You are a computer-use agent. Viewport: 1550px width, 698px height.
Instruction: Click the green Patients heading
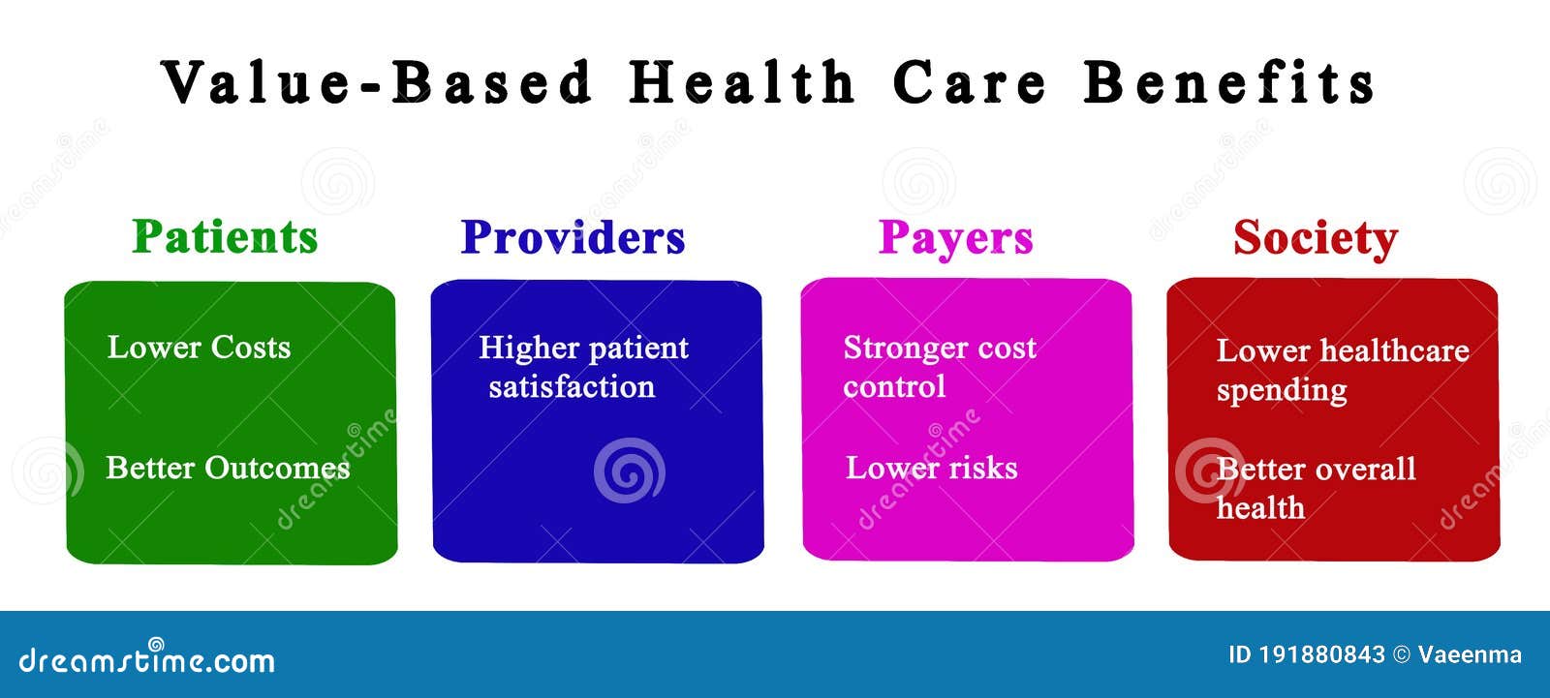coord(225,236)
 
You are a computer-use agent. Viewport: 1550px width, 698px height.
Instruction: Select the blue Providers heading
coord(573,237)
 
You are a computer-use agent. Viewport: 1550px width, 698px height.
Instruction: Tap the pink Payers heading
coord(955,239)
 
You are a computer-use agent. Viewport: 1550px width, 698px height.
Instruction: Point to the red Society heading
coord(1316,239)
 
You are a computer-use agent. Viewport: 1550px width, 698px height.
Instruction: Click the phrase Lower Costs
coord(200,348)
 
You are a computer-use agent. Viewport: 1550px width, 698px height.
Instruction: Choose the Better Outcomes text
coord(228,469)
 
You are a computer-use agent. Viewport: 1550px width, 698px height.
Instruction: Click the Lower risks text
coord(932,468)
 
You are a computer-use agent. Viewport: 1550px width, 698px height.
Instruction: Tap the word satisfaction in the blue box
coord(572,386)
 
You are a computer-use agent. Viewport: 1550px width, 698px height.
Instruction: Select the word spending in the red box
coord(1283,391)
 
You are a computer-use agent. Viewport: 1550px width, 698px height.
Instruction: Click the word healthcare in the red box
coord(1395,350)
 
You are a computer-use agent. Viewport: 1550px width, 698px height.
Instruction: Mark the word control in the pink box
coord(894,386)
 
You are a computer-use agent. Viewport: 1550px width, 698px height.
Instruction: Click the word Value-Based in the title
coord(377,82)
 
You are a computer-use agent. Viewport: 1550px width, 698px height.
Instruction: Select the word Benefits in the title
coord(1229,82)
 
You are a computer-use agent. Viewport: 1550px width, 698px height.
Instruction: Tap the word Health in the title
coord(742,82)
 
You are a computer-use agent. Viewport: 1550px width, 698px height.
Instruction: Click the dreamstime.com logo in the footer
coord(146,657)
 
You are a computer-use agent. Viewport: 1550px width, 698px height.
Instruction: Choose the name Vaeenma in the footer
coord(1470,654)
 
